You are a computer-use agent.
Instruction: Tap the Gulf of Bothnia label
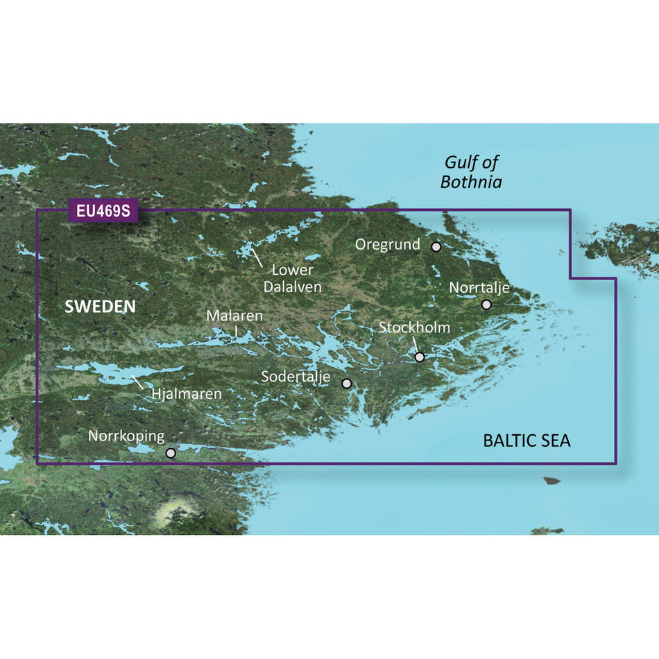[472, 173]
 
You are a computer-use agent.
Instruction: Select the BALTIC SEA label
[527, 440]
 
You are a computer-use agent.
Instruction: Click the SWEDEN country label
[100, 307]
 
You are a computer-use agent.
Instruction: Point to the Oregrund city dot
[436, 246]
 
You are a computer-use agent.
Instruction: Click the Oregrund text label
[388, 245]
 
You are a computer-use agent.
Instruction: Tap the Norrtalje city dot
[486, 305]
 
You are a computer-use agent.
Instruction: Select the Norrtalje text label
[479, 287]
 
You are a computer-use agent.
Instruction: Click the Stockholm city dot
[420, 357]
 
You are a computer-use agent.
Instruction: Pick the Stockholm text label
[414, 327]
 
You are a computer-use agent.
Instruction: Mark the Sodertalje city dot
[347, 383]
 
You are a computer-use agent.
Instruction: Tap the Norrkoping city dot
[171, 453]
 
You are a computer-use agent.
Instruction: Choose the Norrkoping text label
[126, 436]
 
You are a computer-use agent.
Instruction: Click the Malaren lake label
[234, 316]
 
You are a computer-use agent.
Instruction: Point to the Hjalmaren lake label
[187, 394]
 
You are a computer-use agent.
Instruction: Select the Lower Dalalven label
[292, 277]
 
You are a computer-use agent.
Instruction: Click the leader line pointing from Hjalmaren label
[138, 381]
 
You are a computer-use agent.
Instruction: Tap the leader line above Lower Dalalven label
[257, 259]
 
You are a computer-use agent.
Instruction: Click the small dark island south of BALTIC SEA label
[552, 480]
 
